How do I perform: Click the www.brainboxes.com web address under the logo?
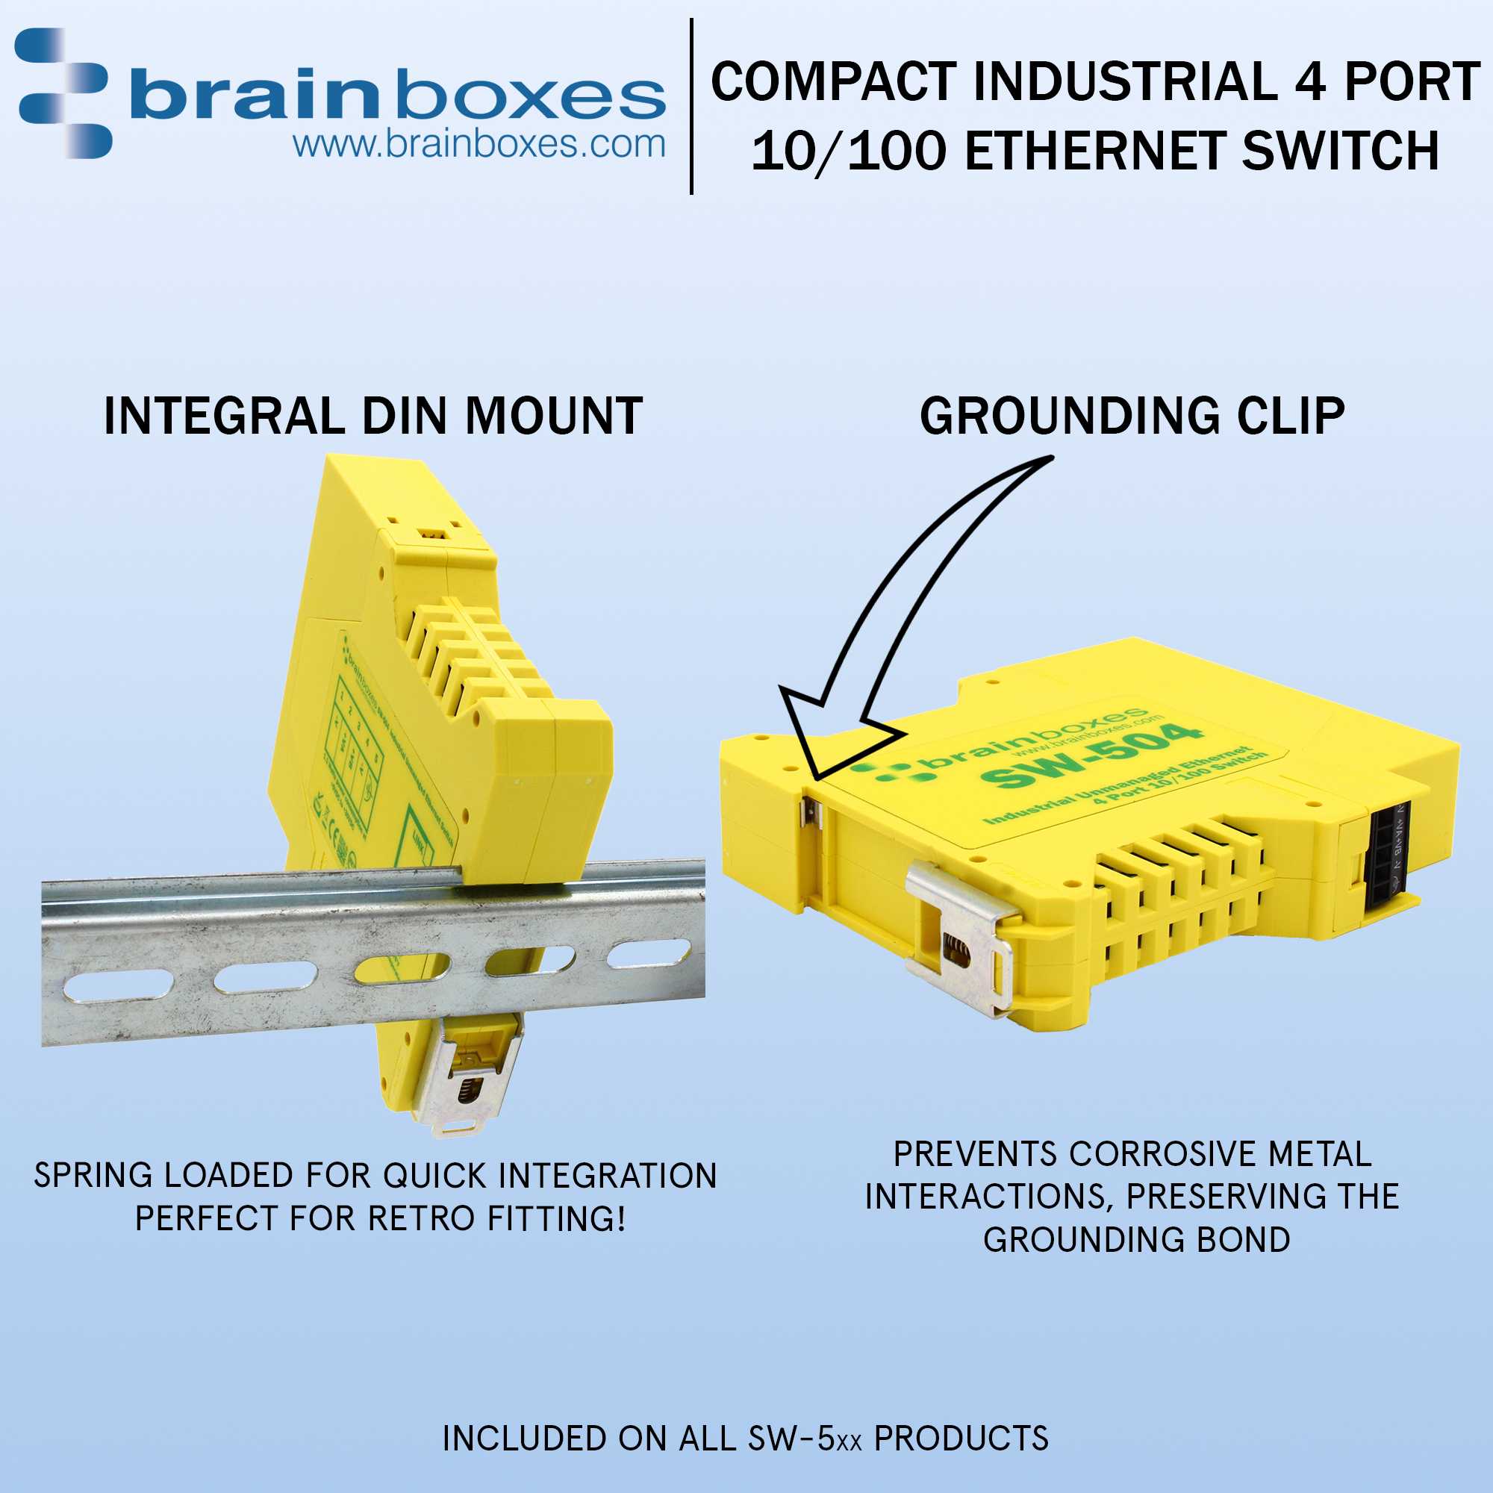click(x=479, y=145)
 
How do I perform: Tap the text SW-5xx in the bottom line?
click(x=805, y=1439)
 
